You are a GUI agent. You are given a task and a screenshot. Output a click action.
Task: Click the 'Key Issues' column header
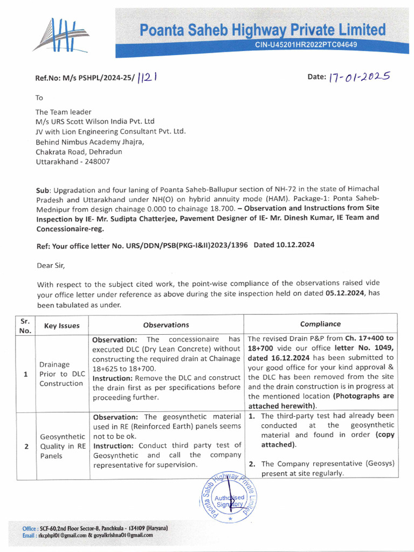coord(61,325)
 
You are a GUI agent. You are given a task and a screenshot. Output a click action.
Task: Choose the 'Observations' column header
coord(166,325)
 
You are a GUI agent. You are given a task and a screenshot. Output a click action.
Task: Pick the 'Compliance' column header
coord(320,324)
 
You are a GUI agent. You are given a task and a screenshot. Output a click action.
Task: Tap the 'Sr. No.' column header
coord(25,325)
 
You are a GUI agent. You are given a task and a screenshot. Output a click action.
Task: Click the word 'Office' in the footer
coord(30,528)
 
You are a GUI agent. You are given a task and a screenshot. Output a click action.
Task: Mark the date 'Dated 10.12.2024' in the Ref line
coord(284,244)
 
